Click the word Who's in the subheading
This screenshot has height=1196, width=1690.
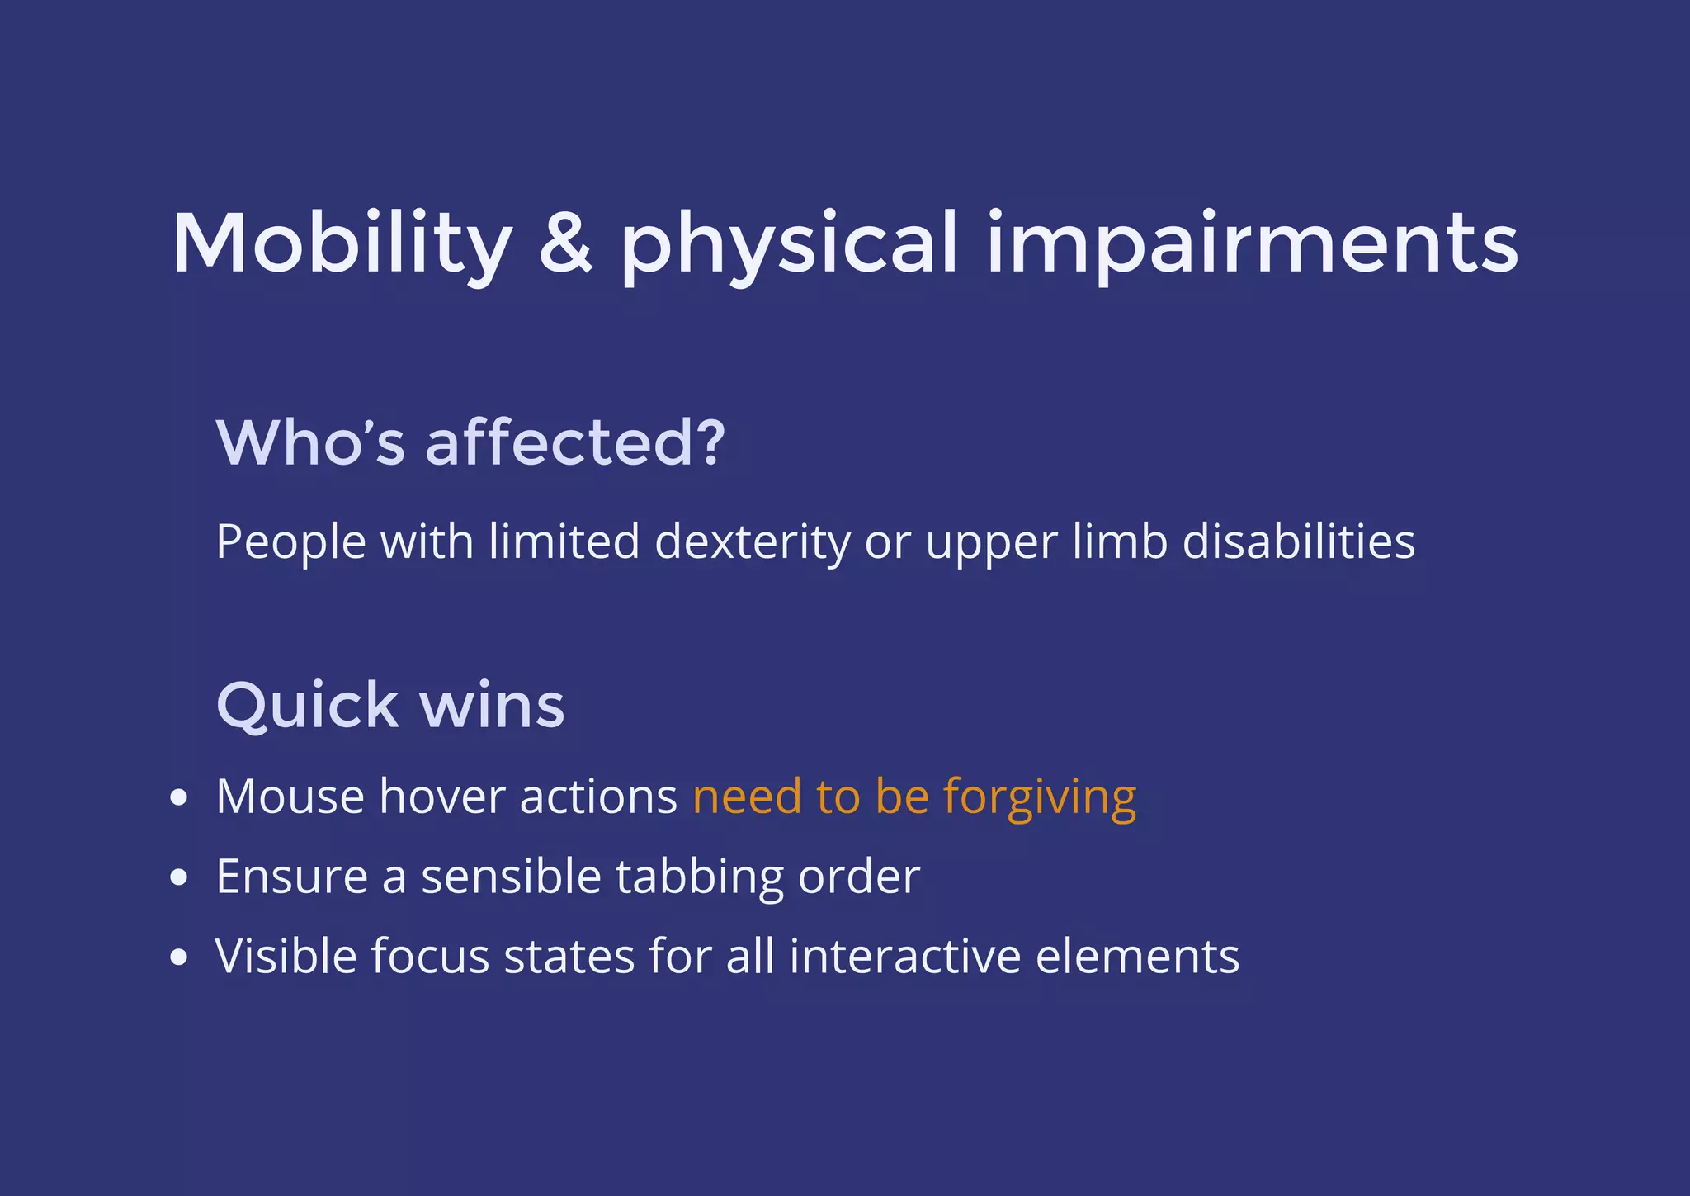(x=310, y=442)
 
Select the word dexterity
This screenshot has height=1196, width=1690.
(x=752, y=542)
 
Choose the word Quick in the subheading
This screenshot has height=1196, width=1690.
(x=307, y=706)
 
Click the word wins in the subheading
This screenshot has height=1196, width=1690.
(x=493, y=706)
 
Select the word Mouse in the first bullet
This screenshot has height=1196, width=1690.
(x=290, y=797)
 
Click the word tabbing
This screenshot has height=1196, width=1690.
(x=699, y=877)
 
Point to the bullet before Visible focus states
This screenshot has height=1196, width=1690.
(x=178, y=957)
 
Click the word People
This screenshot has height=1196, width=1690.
(x=290, y=542)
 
